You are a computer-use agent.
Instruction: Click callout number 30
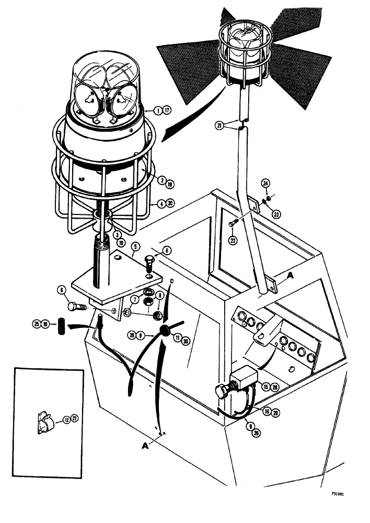coord(182,339)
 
